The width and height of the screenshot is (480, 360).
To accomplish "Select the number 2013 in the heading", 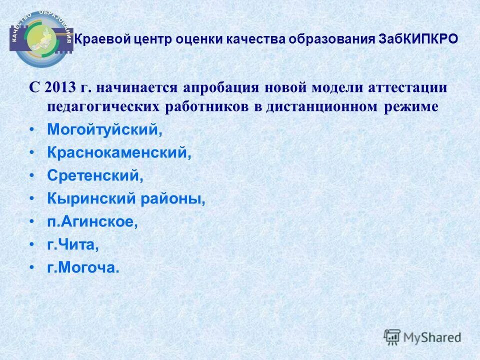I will click(x=59, y=88).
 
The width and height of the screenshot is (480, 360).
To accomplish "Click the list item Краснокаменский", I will click(x=119, y=153).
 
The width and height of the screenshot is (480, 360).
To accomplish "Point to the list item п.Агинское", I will click(x=92, y=222).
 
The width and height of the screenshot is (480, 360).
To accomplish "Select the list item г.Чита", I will click(x=73, y=245).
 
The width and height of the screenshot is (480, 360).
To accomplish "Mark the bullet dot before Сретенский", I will click(x=32, y=176).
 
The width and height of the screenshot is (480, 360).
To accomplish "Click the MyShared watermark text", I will click(x=432, y=337).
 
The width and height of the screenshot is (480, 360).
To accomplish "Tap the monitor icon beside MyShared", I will click(x=392, y=336).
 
